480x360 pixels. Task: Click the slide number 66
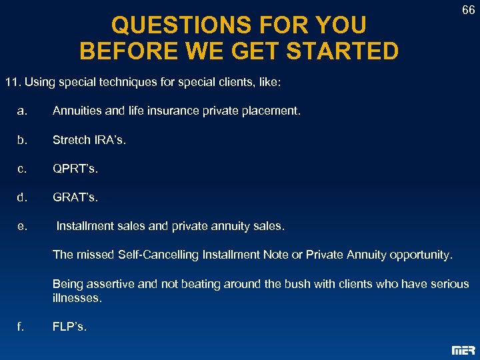pos(468,11)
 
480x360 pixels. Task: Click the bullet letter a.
pos(22,111)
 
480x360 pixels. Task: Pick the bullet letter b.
pos(22,140)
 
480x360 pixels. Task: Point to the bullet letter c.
pos(22,169)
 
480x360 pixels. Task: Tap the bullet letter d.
pos(22,197)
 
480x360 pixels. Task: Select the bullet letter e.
pos(22,227)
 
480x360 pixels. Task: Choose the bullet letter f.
pos(21,327)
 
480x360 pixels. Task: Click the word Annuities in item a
pos(75,111)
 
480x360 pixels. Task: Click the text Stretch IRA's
pos(89,140)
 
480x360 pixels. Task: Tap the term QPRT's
pos(75,169)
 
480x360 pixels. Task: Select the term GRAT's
pos(75,197)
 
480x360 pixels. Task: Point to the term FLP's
pos(69,327)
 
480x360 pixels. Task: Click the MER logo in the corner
pos(463,350)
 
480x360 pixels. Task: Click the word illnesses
pos(77,298)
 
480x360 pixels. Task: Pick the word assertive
pos(110,284)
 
